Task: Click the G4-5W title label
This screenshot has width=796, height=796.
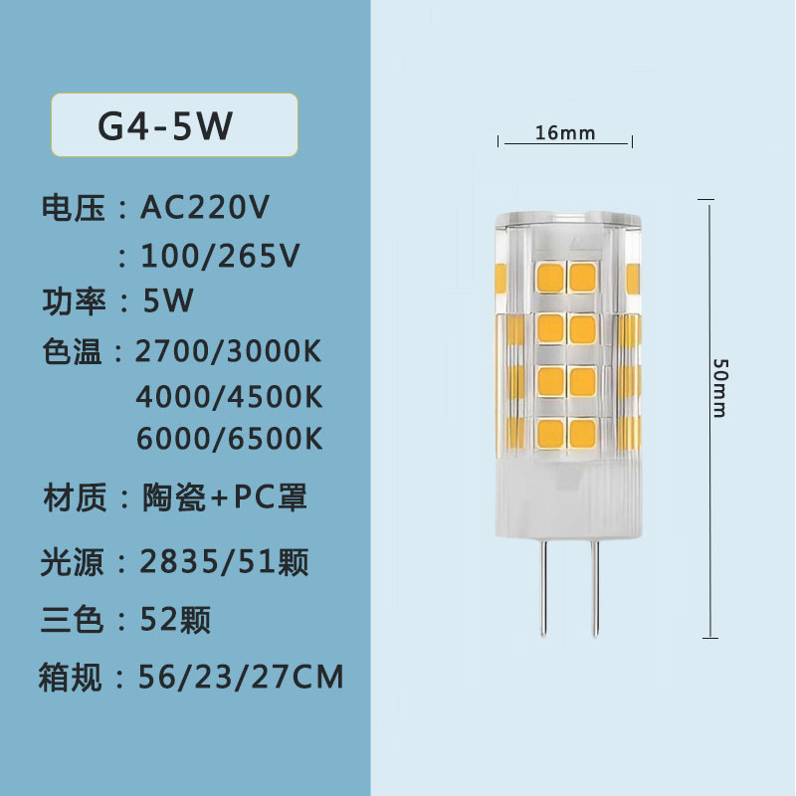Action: click(x=165, y=126)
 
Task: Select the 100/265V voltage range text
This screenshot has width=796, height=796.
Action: click(x=220, y=257)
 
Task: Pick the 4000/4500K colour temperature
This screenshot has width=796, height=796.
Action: click(x=230, y=395)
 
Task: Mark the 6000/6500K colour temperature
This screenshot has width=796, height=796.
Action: click(x=230, y=439)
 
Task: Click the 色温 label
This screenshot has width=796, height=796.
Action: click(x=72, y=351)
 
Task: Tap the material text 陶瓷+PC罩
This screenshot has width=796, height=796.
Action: click(x=225, y=497)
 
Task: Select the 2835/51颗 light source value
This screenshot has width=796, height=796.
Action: click(x=225, y=562)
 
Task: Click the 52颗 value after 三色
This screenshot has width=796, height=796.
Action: click(x=176, y=620)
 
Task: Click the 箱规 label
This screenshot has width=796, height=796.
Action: click(x=72, y=679)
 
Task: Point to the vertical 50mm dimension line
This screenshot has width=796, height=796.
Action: click(x=708, y=497)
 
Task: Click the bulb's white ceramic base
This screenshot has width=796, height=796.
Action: click(x=564, y=497)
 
